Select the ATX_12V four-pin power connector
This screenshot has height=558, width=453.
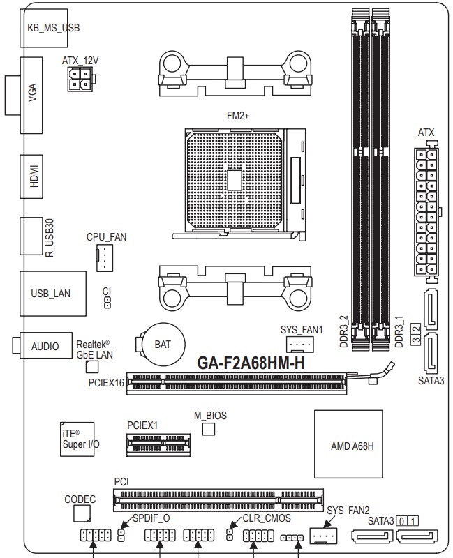80,79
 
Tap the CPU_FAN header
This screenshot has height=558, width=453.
104,258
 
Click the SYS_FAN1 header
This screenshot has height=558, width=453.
299,344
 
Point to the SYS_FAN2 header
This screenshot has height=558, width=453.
323,535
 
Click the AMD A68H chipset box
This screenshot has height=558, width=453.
348,444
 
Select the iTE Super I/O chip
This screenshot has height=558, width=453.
77,439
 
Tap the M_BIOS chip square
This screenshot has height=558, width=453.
208,429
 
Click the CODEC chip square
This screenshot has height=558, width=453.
82,513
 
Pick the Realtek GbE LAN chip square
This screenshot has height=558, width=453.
92,367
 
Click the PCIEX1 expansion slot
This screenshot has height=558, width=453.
158,444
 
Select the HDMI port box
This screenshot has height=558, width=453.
31,176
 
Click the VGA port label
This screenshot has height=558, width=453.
32,93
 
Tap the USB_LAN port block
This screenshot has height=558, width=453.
53,293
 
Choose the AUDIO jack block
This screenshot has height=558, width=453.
45,345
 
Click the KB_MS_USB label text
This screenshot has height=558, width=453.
54,28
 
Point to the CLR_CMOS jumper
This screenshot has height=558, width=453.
230,534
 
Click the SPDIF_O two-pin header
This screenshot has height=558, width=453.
121,535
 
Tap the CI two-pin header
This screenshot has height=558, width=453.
107,303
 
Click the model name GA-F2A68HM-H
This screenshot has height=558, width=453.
251,363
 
